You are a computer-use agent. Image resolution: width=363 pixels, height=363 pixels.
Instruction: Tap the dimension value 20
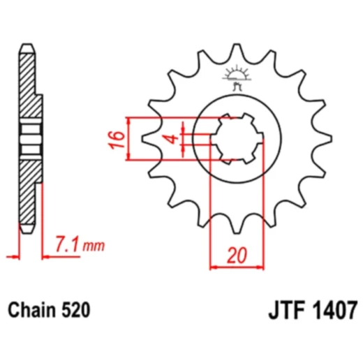click(237, 255)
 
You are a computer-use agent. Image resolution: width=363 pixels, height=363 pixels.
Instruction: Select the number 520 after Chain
click(75, 308)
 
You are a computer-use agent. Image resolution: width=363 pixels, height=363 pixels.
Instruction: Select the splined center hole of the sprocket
click(236, 138)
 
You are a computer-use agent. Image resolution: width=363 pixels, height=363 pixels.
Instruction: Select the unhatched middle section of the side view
click(27, 138)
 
